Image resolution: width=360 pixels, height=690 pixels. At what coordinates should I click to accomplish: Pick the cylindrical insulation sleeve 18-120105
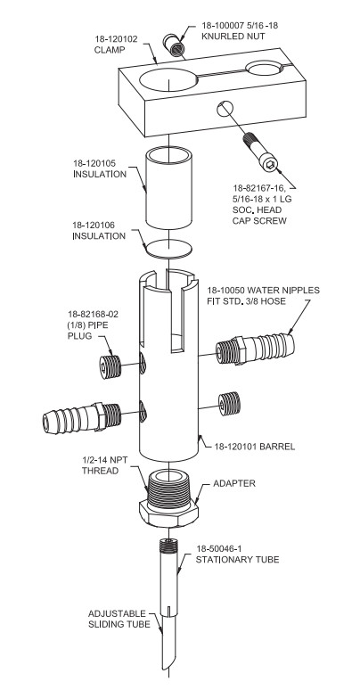pyautogui.click(x=170, y=188)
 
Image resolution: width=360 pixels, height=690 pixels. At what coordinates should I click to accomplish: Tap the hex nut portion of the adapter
pyautogui.click(x=168, y=514)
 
